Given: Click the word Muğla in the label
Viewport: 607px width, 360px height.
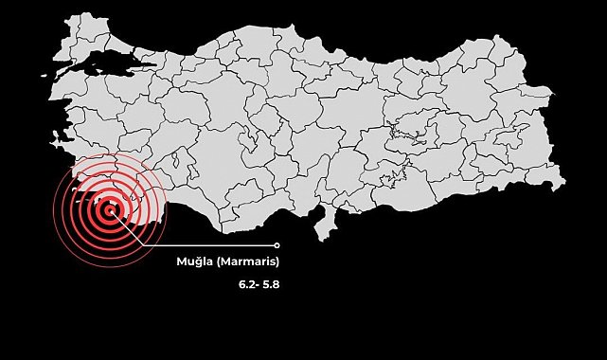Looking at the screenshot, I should pyautogui.click(x=195, y=261).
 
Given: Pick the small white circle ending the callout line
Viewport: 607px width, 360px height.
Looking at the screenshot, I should pyautogui.click(x=277, y=244).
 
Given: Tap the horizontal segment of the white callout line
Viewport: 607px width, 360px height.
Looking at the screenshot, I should pyautogui.click(x=208, y=244).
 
